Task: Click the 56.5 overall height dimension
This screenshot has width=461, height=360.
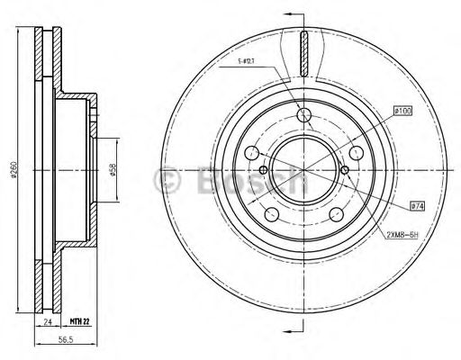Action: click(x=65, y=341)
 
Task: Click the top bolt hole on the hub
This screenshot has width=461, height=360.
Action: click(x=304, y=114)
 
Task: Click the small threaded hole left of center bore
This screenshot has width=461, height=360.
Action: click(x=263, y=170)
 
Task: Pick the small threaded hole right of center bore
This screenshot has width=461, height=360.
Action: click(x=346, y=170)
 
